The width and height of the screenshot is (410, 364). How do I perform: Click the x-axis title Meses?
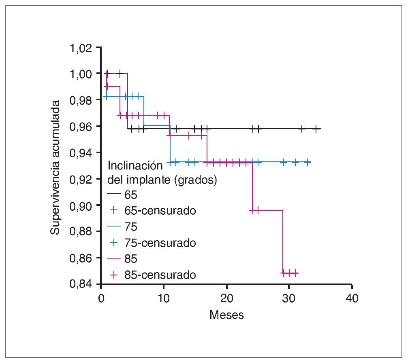(x=226, y=315)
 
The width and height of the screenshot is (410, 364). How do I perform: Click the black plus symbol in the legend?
(x=114, y=211)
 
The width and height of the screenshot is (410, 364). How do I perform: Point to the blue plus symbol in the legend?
(x=114, y=243)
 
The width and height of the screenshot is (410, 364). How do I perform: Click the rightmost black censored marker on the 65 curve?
(x=316, y=129)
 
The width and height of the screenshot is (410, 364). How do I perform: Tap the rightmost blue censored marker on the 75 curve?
(x=308, y=162)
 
